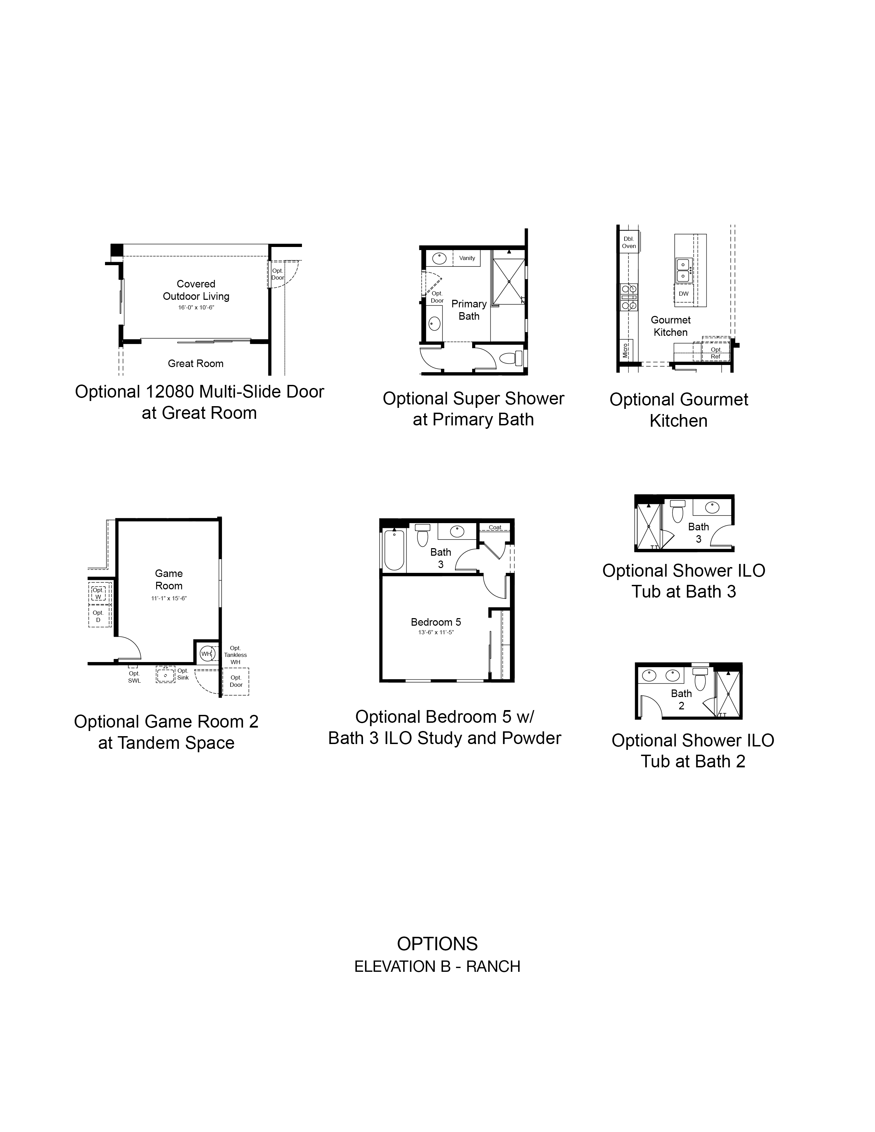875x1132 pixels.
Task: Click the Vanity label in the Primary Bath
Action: click(x=467, y=258)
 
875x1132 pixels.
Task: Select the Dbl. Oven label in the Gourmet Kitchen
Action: click(x=629, y=243)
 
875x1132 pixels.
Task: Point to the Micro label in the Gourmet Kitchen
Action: click(x=625, y=350)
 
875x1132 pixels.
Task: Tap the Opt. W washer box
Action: click(x=98, y=593)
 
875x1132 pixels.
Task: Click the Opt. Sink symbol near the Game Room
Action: click(x=166, y=675)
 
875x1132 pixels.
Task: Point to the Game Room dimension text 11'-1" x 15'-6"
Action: click(x=169, y=599)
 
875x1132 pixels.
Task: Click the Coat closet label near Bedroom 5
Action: click(x=495, y=528)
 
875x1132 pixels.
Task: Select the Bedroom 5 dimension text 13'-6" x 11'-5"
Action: click(x=436, y=632)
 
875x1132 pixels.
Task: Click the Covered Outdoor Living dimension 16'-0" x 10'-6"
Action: click(x=196, y=307)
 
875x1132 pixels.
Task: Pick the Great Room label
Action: click(x=196, y=363)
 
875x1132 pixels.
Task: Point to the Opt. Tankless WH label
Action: click(x=235, y=655)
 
